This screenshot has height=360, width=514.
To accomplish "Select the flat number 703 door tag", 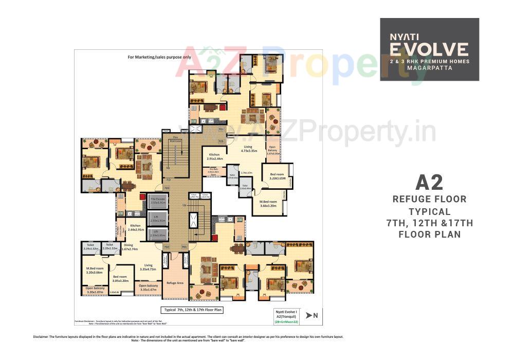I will pyautogui.click(x=167, y=188).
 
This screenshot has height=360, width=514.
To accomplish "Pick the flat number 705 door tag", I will pyautogui.click(x=221, y=141).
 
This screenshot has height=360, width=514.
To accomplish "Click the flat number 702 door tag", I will pyautogui.click(x=167, y=247).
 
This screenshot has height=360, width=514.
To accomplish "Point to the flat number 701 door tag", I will pyautogui.click(x=185, y=247).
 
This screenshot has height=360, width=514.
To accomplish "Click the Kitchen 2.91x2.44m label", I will pyautogui.click(x=214, y=157).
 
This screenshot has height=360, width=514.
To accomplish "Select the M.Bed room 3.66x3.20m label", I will pyautogui.click(x=268, y=203).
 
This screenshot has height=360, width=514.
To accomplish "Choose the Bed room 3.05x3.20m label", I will pyautogui.click(x=120, y=278).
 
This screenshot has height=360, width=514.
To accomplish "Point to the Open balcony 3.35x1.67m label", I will pyautogui.click(x=148, y=287).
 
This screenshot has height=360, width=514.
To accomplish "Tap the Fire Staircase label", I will pyautogui.click(x=175, y=138).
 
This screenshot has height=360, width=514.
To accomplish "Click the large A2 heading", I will pyautogui.click(x=429, y=183).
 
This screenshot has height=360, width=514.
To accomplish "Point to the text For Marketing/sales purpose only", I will pyautogui.click(x=159, y=57).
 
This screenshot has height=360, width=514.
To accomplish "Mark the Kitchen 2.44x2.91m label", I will pyautogui.click(x=135, y=227).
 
